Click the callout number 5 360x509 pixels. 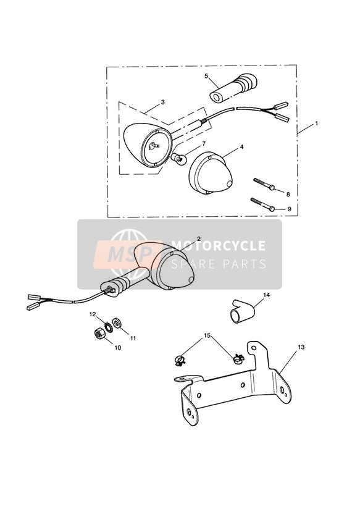(206, 76)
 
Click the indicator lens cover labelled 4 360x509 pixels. (211, 173)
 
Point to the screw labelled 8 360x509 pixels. (264, 183)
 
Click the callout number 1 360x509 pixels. (316, 124)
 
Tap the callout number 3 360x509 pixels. (162, 103)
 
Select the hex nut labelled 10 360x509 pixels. (99, 334)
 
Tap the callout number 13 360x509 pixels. (301, 347)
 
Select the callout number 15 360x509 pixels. (207, 335)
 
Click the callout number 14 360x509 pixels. (267, 295)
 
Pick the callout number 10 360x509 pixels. (117, 348)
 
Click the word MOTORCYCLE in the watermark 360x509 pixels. (218, 246)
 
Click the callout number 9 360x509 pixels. (290, 209)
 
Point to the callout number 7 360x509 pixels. (204, 143)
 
